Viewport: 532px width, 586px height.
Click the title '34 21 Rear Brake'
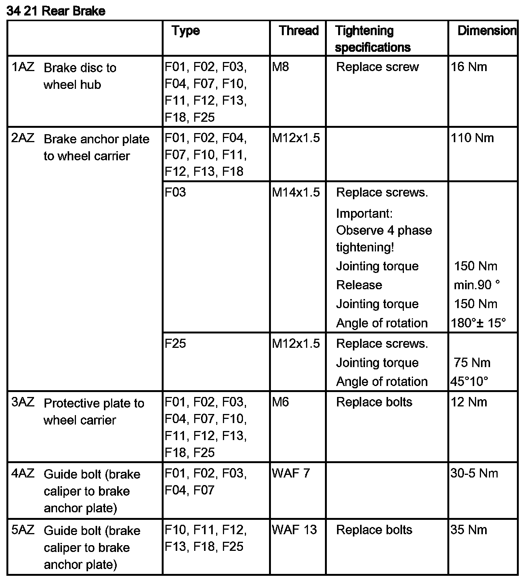point(56,11)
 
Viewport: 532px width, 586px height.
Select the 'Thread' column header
point(298,31)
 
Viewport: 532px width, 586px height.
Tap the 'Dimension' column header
point(487,31)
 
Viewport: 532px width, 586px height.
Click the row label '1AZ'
point(23,67)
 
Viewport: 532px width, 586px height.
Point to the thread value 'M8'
point(280,67)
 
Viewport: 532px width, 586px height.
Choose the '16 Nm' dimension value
point(469,67)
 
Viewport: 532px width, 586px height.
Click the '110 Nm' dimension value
point(472,138)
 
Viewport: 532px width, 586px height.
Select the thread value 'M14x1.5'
point(296,192)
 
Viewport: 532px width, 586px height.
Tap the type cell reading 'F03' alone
point(175,192)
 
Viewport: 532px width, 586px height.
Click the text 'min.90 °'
point(477,285)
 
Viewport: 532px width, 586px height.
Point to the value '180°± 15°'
point(478,323)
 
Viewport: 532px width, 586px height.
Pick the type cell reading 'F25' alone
point(175,344)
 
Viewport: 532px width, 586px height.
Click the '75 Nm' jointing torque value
point(472,363)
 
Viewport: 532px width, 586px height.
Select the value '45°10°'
point(469,381)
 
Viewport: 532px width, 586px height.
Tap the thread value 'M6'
point(280,402)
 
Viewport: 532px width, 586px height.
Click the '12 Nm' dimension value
point(469,402)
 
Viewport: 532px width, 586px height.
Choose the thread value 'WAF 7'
point(291,473)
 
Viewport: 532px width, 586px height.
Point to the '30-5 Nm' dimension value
point(474,473)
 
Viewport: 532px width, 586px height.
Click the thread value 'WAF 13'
point(294,530)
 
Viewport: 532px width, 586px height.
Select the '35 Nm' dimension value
point(469,530)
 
